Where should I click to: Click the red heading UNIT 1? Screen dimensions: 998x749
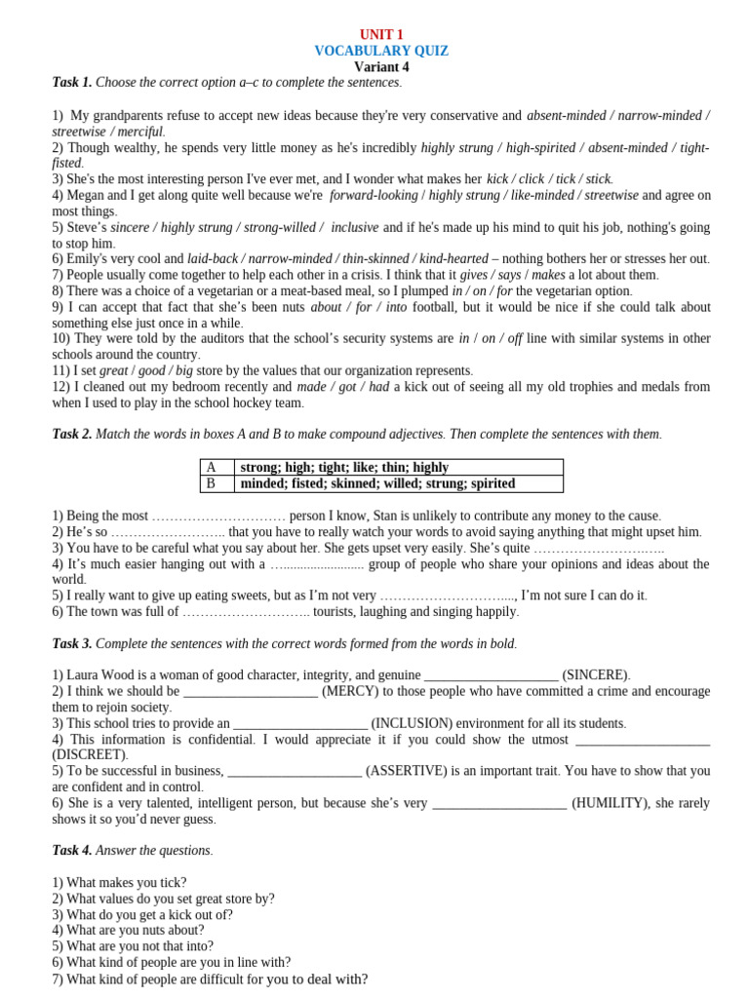[x=381, y=35]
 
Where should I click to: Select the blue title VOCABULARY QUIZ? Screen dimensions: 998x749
[x=381, y=51]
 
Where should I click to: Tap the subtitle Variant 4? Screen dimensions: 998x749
[x=381, y=67]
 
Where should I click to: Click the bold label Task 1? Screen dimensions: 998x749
[x=72, y=83]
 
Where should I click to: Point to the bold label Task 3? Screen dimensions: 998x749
[x=72, y=643]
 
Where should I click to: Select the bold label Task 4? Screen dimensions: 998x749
[x=72, y=850]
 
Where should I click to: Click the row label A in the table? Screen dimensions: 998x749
[x=211, y=468]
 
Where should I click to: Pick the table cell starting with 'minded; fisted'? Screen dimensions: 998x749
[x=377, y=483]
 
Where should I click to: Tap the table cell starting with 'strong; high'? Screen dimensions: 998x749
[x=344, y=468]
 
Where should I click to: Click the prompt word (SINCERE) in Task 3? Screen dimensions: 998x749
[x=596, y=674]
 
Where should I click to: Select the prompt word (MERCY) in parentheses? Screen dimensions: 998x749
[x=352, y=691]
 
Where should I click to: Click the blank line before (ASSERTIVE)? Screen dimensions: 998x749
[x=294, y=771]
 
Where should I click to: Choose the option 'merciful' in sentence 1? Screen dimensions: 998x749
[x=137, y=132]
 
